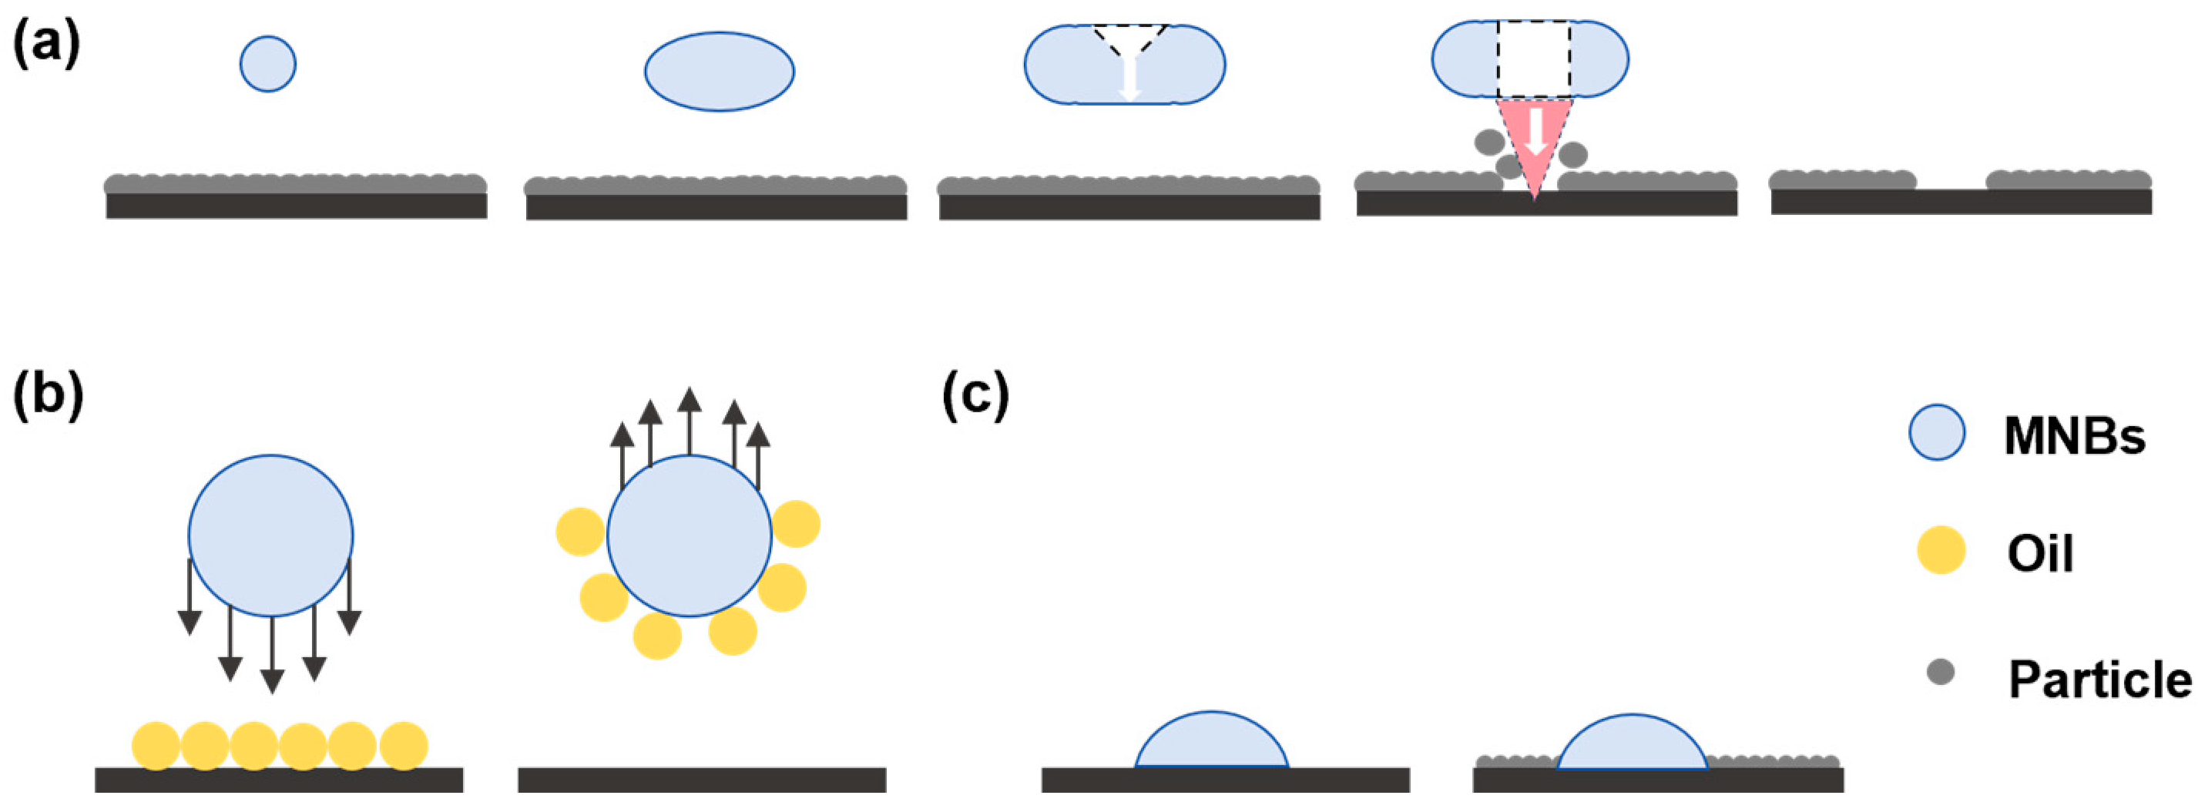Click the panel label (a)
46,45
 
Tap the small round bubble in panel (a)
268,64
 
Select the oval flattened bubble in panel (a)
720,72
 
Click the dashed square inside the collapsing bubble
1534,59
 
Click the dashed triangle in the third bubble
1129,39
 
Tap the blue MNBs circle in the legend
1937,433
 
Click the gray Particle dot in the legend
1941,673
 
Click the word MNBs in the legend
2074,436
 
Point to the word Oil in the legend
2040,554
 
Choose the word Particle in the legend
2100,680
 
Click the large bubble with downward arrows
270,535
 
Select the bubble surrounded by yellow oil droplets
690,535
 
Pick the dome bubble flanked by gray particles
1632,744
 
